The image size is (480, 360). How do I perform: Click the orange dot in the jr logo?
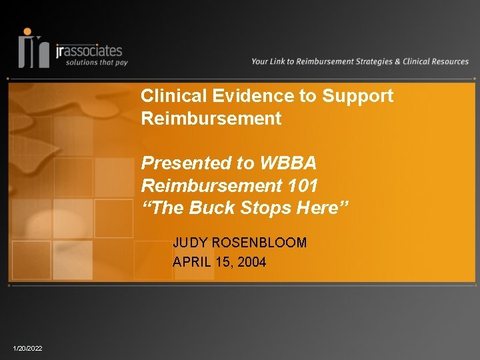click(x=27, y=31)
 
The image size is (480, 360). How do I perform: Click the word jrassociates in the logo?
click(x=89, y=51)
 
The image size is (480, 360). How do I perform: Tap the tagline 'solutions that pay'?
click(x=97, y=63)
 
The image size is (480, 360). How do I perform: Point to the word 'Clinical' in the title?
click(x=174, y=95)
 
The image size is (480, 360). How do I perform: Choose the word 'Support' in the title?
click(x=357, y=97)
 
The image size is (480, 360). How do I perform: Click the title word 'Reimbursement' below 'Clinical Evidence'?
click(x=211, y=118)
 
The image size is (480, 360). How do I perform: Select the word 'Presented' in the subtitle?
click(x=187, y=163)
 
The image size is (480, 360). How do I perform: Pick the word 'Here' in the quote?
click(x=318, y=207)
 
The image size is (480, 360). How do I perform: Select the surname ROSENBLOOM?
click(x=259, y=243)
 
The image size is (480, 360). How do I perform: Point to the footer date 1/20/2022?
click(x=27, y=349)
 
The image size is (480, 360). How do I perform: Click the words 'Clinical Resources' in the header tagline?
click(x=435, y=61)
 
